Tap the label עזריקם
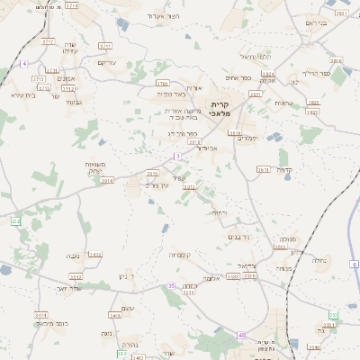point(107,63)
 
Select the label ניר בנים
point(238,237)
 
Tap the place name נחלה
point(319,259)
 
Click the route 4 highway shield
point(25,64)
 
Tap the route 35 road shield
point(171,285)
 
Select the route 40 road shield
point(241,335)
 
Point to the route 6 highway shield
point(355,264)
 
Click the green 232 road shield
point(15,220)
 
